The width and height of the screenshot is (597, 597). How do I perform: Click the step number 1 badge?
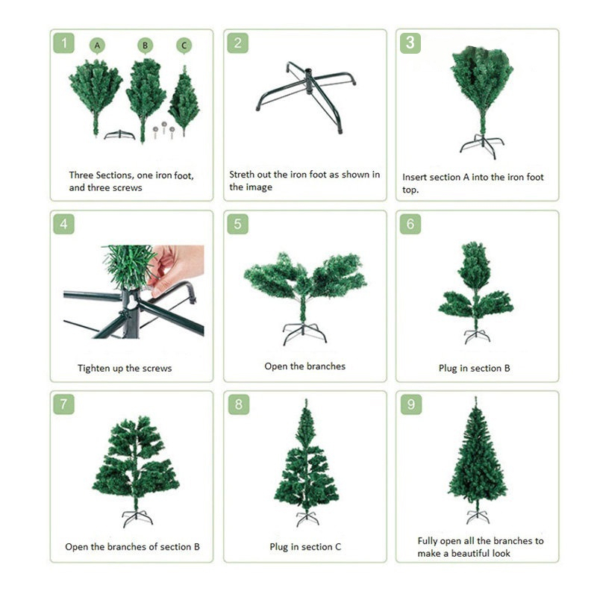[63, 43]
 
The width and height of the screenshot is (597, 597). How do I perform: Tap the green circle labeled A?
[97, 46]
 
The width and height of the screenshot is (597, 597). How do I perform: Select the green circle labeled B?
[145, 46]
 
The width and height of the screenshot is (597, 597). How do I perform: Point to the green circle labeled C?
[184, 46]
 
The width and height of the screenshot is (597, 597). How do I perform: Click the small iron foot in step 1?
[119, 135]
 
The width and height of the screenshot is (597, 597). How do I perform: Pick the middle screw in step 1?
[164, 127]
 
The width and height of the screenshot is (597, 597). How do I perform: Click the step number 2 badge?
[237, 43]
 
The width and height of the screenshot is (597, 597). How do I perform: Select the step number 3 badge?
[410, 43]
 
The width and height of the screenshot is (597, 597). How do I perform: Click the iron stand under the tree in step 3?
[482, 146]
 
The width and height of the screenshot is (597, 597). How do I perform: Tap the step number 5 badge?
[237, 224]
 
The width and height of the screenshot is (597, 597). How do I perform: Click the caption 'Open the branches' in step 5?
[305, 366]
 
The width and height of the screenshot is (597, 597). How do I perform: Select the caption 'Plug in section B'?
[475, 368]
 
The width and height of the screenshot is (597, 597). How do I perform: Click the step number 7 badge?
[63, 404]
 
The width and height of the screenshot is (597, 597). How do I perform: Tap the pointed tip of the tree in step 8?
[306, 400]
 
